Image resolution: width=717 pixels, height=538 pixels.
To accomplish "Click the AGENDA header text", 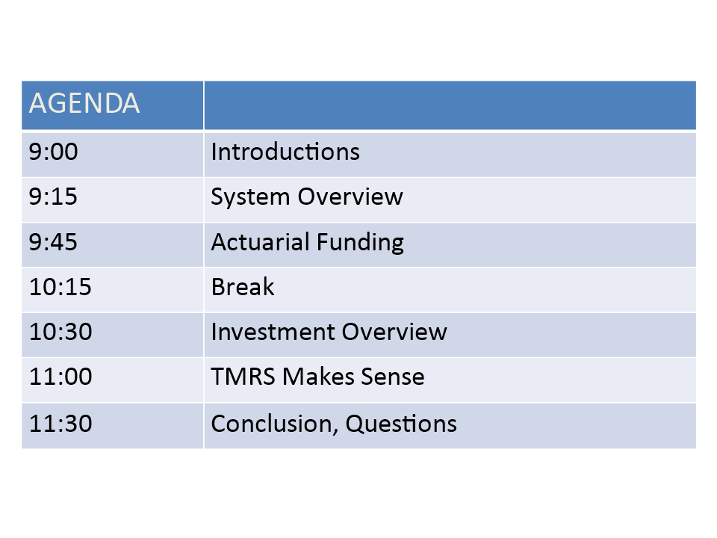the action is (84, 103).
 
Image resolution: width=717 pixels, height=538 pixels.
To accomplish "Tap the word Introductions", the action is (285, 152).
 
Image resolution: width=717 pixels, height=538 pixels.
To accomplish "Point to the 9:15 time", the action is (53, 197).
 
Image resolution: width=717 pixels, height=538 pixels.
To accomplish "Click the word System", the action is (251, 197).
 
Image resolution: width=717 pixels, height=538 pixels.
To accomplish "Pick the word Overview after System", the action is (351, 197).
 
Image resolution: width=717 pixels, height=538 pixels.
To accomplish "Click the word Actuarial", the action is (260, 241).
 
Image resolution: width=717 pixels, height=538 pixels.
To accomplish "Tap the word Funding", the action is (360, 242).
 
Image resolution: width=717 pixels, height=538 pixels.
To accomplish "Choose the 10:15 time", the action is (60, 287).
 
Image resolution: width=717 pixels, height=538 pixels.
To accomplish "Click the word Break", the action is (243, 287).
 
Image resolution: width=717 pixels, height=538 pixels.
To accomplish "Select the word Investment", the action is (273, 332).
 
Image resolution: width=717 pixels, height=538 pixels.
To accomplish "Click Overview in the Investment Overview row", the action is (394, 332).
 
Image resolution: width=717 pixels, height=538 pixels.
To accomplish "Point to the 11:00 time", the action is (60, 377).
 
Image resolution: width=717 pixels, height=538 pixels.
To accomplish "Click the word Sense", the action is (393, 377).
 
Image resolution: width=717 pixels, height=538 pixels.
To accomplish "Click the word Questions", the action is (401, 424).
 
